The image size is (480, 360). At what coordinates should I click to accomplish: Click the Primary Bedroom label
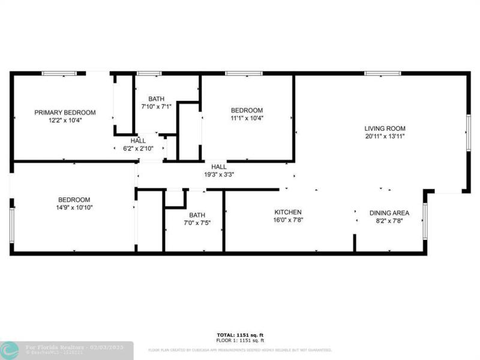[x=65, y=112]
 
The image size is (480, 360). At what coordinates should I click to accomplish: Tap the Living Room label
[x=385, y=128]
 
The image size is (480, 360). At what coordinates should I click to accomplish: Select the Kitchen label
[x=288, y=212]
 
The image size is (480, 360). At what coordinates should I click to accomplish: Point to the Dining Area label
[x=389, y=212]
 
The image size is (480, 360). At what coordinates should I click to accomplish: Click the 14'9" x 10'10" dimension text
[x=74, y=208]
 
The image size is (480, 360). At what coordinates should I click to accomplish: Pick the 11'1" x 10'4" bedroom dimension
[x=247, y=118]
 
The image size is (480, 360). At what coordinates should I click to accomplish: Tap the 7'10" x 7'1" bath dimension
[x=157, y=107]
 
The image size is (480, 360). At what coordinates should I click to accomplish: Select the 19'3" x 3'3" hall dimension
[x=218, y=175]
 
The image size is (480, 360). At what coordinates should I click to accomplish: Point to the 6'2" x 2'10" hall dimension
[x=138, y=148]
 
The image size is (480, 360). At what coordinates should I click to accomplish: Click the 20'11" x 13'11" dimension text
[x=385, y=136]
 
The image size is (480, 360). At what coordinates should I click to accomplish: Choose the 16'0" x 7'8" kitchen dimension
[x=288, y=220]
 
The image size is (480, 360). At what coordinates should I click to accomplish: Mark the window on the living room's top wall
[x=383, y=74]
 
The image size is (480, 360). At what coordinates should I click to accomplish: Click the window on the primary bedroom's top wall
[x=59, y=74]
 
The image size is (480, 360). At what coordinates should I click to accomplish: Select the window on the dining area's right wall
[x=424, y=221]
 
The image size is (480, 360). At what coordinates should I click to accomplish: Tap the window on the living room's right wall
[x=469, y=131]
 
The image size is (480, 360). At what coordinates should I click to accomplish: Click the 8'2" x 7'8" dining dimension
[x=389, y=220]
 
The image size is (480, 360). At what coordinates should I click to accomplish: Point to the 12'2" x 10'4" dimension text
[x=65, y=120]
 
